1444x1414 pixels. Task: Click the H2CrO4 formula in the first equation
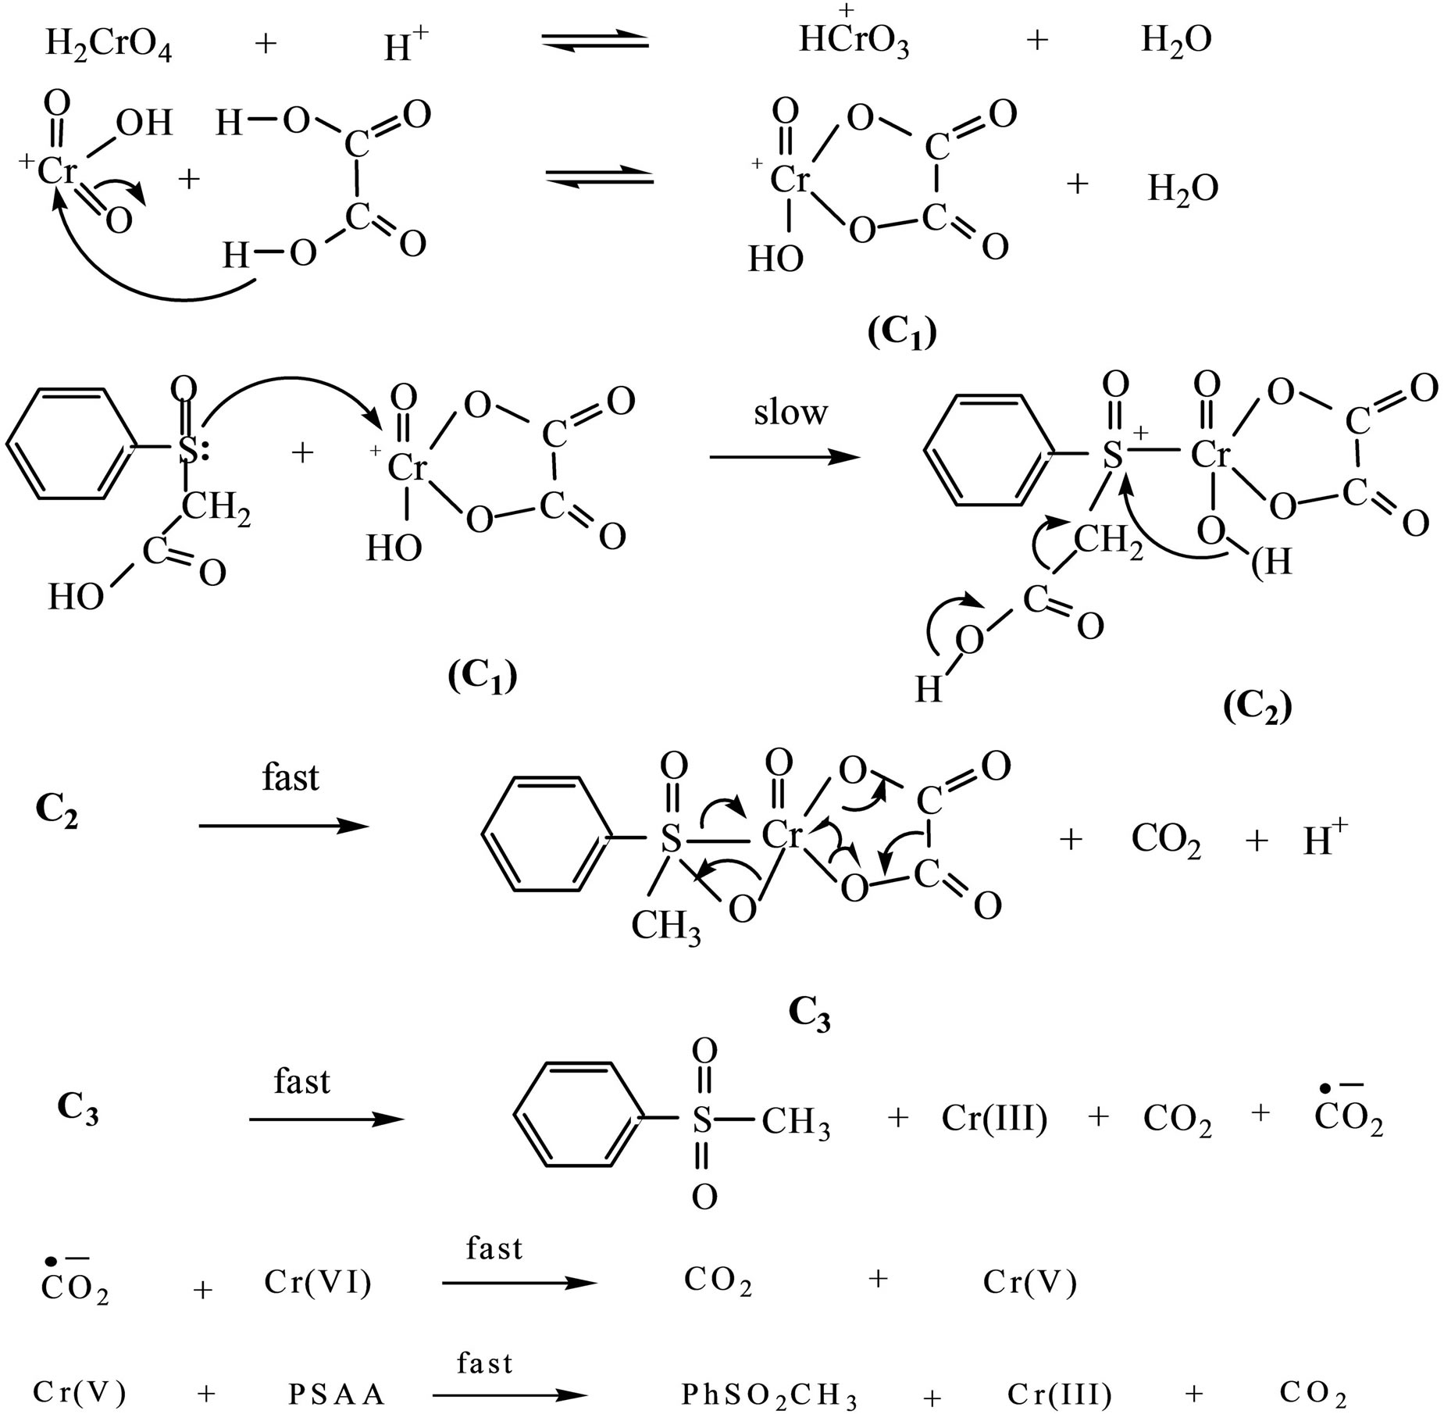tap(109, 45)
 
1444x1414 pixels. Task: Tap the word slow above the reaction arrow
tap(790, 412)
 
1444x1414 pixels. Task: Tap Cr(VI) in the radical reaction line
tap(317, 1282)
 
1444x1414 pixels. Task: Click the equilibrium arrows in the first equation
tap(595, 42)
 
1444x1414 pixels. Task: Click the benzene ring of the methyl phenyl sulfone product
tap(577, 1119)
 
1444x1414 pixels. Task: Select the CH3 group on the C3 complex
tap(665, 927)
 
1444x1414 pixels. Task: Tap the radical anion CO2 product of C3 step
tap(1348, 1117)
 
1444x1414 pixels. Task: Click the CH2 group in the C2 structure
tap(1107, 541)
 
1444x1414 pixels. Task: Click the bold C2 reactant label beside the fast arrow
tap(57, 814)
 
